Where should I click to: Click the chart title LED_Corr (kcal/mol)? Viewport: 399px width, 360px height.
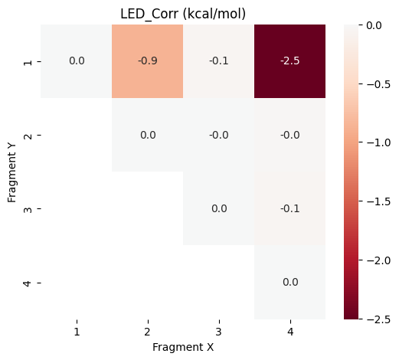pyautogui.click(x=182, y=13)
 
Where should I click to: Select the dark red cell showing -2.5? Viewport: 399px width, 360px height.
pyautogui.click(x=289, y=61)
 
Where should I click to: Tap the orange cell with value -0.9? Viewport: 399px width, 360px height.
pyautogui.click(x=148, y=61)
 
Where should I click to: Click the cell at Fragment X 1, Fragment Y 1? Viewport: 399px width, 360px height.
pyautogui.click(x=77, y=61)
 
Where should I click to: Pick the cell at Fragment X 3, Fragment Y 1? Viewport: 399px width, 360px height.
pyautogui.click(x=218, y=61)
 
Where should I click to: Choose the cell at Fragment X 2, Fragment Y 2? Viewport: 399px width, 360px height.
pyautogui.click(x=148, y=135)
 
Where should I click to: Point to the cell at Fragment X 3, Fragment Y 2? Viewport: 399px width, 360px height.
pyautogui.click(x=218, y=135)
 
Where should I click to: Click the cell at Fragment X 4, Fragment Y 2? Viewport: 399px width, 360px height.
pyautogui.click(x=289, y=135)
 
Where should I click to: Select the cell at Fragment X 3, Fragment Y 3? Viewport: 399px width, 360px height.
pyautogui.click(x=218, y=208)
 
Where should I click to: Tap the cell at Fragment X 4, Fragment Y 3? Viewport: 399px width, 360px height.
pyautogui.click(x=289, y=208)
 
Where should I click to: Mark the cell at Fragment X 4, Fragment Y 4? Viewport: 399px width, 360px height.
pyautogui.click(x=289, y=282)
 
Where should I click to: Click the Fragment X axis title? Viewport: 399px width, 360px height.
pyautogui.click(x=182, y=347)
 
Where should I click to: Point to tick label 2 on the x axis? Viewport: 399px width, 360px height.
pyautogui.click(x=148, y=332)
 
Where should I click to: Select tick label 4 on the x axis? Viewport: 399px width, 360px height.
pyautogui.click(x=289, y=332)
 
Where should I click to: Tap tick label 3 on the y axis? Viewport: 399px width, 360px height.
pyautogui.click(x=28, y=208)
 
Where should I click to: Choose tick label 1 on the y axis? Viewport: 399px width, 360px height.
pyautogui.click(x=28, y=61)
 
